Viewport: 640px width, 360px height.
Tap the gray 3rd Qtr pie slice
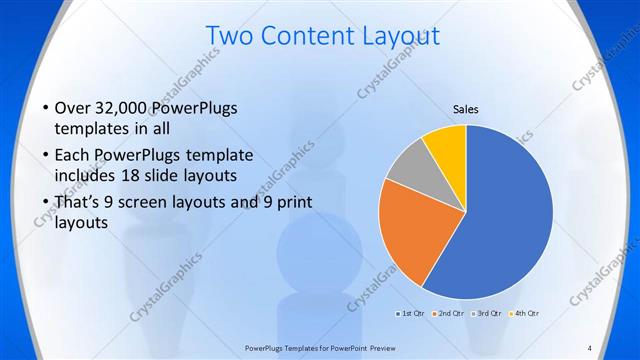click(408, 168)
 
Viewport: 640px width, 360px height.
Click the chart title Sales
click(466, 108)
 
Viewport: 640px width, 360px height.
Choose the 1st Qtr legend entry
click(410, 314)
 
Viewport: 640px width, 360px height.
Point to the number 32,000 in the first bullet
click(124, 108)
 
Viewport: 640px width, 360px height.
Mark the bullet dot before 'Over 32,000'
click(45, 108)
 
